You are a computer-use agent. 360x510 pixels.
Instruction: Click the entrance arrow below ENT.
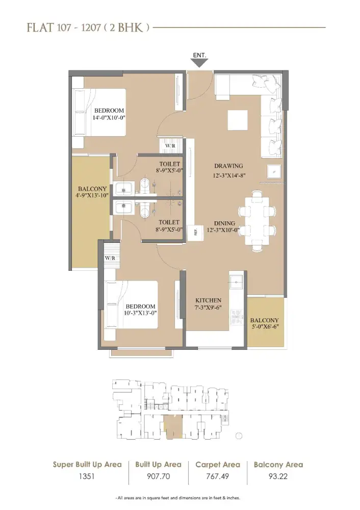pyautogui.click(x=199, y=62)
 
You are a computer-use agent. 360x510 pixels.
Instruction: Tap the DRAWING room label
pyautogui.click(x=228, y=166)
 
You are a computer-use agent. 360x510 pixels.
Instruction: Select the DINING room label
pyautogui.click(x=225, y=223)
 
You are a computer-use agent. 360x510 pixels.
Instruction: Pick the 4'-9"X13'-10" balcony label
pyautogui.click(x=90, y=191)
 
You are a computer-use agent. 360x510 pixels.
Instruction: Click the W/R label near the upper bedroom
pyautogui.click(x=169, y=145)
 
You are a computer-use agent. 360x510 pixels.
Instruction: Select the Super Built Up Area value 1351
pyautogui.click(x=87, y=478)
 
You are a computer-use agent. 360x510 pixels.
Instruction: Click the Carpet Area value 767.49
pyautogui.click(x=218, y=478)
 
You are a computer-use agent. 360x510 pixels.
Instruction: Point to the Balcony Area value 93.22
pyautogui.click(x=278, y=478)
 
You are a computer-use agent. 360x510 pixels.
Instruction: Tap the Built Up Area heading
pyautogui.click(x=158, y=465)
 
